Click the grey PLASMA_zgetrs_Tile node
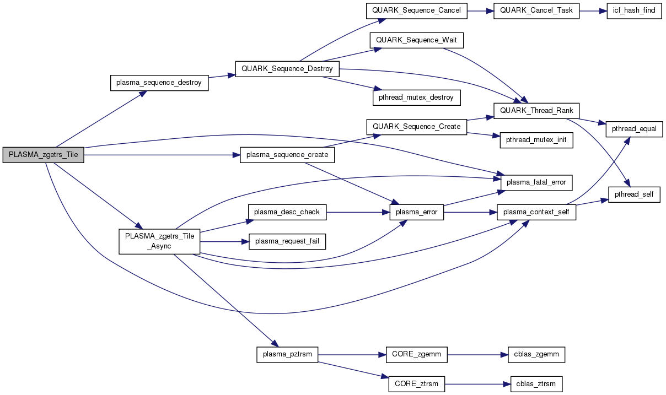[x=43, y=155]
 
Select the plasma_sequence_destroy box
[x=159, y=83]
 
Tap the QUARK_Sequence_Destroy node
[x=287, y=69]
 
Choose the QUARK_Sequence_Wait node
[x=417, y=40]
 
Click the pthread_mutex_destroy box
[x=416, y=98]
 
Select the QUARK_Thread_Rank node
[x=536, y=110]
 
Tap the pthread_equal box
[x=634, y=129]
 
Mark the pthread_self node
[x=634, y=194]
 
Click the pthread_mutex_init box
[x=536, y=140]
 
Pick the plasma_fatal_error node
[x=536, y=182]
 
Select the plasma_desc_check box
[x=287, y=211]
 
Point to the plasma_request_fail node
[x=287, y=241]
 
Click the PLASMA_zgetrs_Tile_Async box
[x=159, y=241]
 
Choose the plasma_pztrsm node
[x=287, y=355]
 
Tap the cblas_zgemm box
[x=536, y=355]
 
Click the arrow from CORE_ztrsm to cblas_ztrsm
[x=476, y=383]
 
